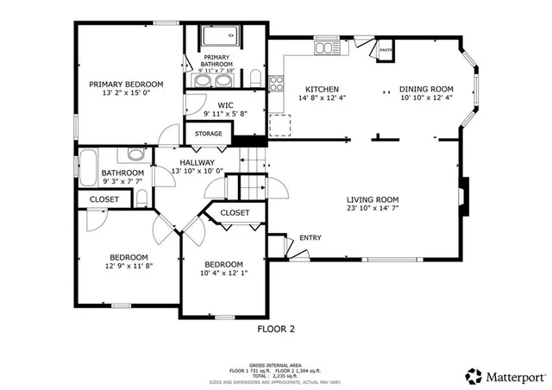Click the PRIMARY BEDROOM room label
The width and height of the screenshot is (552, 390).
click(x=126, y=84)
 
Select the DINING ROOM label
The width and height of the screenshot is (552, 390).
click(x=426, y=89)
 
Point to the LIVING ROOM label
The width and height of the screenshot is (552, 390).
click(x=373, y=198)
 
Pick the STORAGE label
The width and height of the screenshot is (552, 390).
click(x=208, y=134)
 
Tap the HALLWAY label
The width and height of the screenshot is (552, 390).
click(x=197, y=161)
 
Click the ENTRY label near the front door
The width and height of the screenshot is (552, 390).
click(x=310, y=238)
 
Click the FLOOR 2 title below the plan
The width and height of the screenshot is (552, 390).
click(x=277, y=328)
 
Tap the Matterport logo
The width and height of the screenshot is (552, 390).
click(x=506, y=376)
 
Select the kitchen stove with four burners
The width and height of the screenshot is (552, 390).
click(x=278, y=84)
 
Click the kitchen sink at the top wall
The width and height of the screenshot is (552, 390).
click(x=327, y=45)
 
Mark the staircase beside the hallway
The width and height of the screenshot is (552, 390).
click(x=251, y=173)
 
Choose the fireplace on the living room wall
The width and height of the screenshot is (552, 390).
click(x=464, y=197)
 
